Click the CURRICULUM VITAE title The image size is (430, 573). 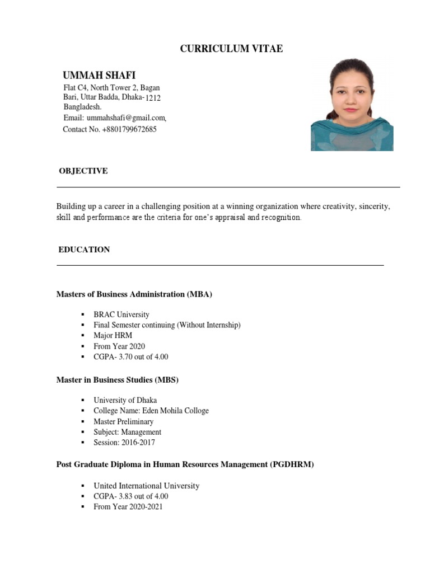(x=231, y=49)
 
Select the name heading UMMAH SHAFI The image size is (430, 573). (x=99, y=76)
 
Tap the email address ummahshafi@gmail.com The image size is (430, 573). (x=126, y=118)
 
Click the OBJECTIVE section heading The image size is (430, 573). (x=83, y=171)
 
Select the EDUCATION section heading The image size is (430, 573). (x=84, y=250)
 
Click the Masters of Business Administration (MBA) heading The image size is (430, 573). (x=134, y=294)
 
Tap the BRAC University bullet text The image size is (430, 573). (x=121, y=314)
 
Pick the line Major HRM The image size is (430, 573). (x=113, y=336)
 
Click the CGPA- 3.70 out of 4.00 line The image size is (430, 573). (x=131, y=357)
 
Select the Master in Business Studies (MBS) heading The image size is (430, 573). (x=118, y=380)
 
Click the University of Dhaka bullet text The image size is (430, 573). (x=125, y=400)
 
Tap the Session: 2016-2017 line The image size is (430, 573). (x=124, y=443)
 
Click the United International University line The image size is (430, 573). (x=146, y=486)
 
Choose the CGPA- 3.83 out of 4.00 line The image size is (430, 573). (x=131, y=496)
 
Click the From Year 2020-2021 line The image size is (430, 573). (x=128, y=507)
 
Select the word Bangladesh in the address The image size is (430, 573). (x=82, y=106)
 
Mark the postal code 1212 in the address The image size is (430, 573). (x=153, y=98)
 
